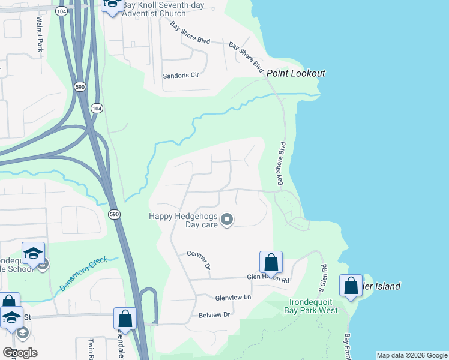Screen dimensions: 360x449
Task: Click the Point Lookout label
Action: click(x=296, y=73)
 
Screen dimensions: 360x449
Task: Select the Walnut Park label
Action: click(x=40, y=34)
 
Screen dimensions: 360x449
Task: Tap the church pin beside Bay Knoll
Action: click(x=112, y=5)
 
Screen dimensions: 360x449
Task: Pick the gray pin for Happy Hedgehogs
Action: click(x=227, y=220)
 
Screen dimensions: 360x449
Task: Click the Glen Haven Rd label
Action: click(x=268, y=278)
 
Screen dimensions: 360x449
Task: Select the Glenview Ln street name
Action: click(x=232, y=298)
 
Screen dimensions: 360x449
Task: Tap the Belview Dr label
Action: click(x=214, y=314)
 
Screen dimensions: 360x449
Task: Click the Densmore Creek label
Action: click(x=83, y=275)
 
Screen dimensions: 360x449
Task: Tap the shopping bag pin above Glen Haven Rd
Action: click(x=271, y=262)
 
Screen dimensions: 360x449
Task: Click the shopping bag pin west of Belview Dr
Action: click(x=125, y=319)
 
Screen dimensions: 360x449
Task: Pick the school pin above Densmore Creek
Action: click(x=34, y=254)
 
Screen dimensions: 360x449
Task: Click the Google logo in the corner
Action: click(x=20, y=353)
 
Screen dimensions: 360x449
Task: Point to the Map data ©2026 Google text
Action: click(x=412, y=355)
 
